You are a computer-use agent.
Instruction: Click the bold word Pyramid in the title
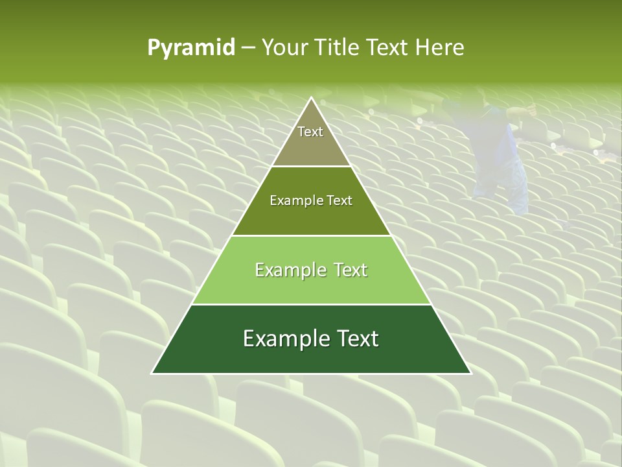[x=191, y=48]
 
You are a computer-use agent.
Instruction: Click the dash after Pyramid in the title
[x=248, y=49]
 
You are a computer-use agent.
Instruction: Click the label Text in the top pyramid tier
[x=310, y=132]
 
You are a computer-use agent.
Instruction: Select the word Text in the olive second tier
[x=339, y=201]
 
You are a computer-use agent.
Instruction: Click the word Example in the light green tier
[x=288, y=270]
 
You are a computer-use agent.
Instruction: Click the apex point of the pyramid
[x=311, y=98]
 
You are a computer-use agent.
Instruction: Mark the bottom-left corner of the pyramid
[x=152, y=373]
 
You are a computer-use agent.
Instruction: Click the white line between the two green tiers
[x=311, y=304]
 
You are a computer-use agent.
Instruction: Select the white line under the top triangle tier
[x=311, y=167]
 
